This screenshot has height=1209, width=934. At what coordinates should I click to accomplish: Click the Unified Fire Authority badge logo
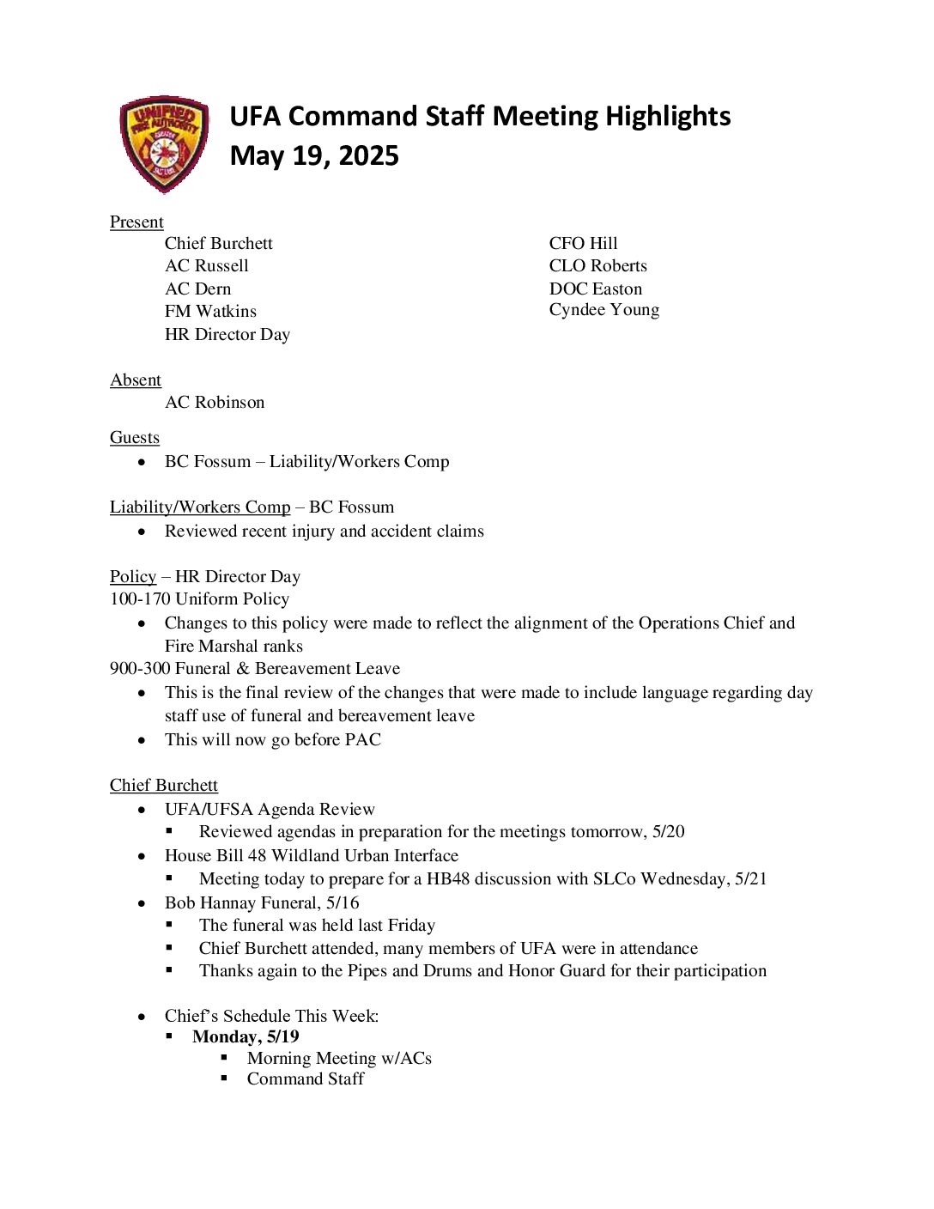coord(164,143)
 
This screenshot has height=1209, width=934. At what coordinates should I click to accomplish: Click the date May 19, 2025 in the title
coord(314,156)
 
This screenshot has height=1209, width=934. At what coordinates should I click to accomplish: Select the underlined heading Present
coord(136,222)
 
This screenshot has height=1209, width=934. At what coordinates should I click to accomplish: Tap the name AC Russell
coord(207,266)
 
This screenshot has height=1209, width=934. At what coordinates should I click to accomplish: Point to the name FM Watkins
coord(210,312)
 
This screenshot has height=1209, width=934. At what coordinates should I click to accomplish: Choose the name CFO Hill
coord(583,244)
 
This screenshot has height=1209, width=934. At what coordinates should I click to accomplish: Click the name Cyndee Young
coord(603,310)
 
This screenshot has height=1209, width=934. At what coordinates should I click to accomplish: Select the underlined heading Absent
coord(136,380)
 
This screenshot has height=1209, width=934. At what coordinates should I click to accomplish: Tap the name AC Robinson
coord(215,403)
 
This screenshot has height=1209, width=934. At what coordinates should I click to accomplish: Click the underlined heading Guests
coord(135,438)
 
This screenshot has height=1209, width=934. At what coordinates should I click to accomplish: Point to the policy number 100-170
coord(140,599)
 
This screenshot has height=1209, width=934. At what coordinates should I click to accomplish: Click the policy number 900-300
coord(140,669)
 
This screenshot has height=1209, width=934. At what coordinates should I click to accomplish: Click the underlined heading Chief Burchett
coord(164,786)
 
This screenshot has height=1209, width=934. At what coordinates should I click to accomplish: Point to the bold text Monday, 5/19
coord(246,1037)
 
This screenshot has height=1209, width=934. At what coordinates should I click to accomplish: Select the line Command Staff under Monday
coord(306,1079)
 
